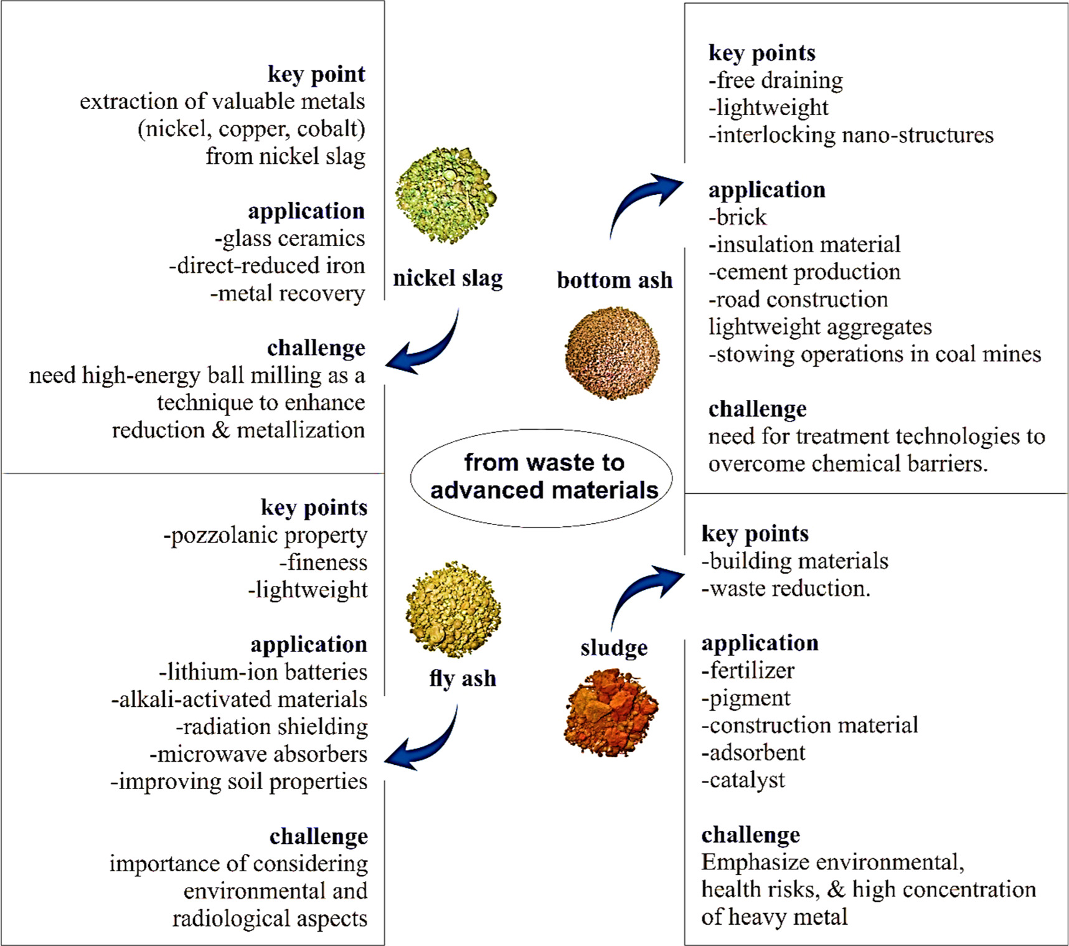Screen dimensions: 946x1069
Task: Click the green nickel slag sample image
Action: click(445, 196)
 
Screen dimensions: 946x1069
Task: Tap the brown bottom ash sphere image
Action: click(612, 353)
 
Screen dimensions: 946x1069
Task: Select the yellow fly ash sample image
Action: click(453, 610)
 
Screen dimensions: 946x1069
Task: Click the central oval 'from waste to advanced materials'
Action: click(542, 477)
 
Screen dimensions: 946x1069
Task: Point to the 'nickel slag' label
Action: click(448, 278)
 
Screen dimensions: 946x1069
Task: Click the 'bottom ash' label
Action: click(615, 280)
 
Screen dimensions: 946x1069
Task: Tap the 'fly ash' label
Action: click(463, 678)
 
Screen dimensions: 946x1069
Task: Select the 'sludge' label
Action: click(614, 648)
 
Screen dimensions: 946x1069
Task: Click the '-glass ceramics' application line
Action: click(290, 239)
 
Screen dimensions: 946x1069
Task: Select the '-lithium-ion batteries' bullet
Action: click(263, 672)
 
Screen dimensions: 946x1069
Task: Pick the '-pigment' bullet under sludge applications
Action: click(745, 698)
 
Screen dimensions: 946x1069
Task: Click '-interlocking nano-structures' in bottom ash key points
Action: click(850, 135)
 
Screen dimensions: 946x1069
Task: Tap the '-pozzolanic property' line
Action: click(265, 535)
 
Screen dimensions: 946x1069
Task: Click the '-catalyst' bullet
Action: click(743, 780)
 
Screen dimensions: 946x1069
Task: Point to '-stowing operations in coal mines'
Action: click(874, 354)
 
